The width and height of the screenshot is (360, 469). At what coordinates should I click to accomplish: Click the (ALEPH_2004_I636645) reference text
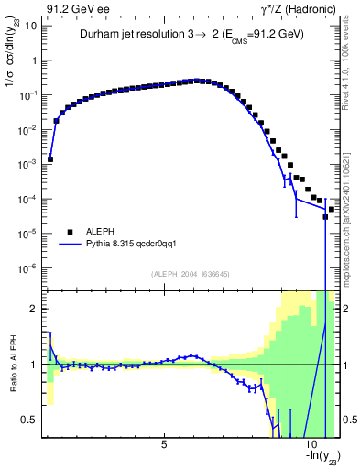(x=191, y=274)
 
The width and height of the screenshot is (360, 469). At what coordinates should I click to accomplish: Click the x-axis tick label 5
(x=164, y=446)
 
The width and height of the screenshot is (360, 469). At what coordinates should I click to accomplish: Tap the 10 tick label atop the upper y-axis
(x=30, y=26)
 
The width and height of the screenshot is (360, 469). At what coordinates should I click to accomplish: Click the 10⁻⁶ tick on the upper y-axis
(x=26, y=268)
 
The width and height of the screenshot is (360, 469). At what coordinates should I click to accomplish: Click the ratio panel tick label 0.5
(x=27, y=420)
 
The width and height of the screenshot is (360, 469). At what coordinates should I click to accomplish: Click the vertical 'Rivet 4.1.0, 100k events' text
(x=350, y=55)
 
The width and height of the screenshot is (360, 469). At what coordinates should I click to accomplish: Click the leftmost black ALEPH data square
(x=49, y=158)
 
